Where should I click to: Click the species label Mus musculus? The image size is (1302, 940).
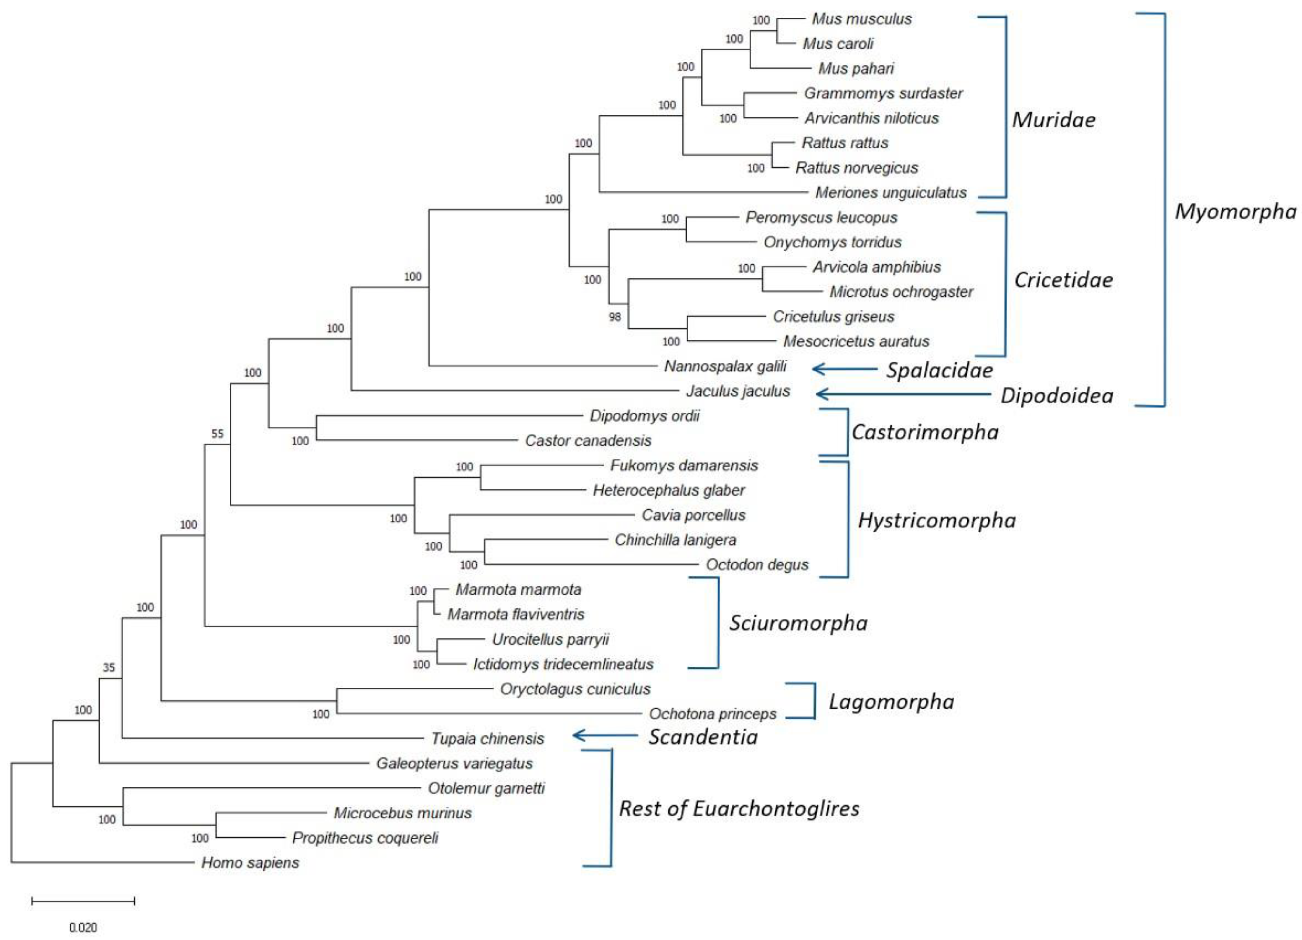coord(861,19)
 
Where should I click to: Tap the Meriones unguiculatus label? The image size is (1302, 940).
coord(890,192)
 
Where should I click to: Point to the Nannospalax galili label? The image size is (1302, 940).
coord(725,366)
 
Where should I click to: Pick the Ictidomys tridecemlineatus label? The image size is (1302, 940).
coord(563,664)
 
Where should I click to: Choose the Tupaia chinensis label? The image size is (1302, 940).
coord(487,739)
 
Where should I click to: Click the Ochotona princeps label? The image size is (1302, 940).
coord(713,714)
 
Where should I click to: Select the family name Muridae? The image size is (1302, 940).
coord(1053,119)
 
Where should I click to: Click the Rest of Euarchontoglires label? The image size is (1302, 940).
coord(739,808)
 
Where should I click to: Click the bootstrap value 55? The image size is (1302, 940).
coord(217,434)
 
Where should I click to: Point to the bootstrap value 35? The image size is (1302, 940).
coord(108,667)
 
